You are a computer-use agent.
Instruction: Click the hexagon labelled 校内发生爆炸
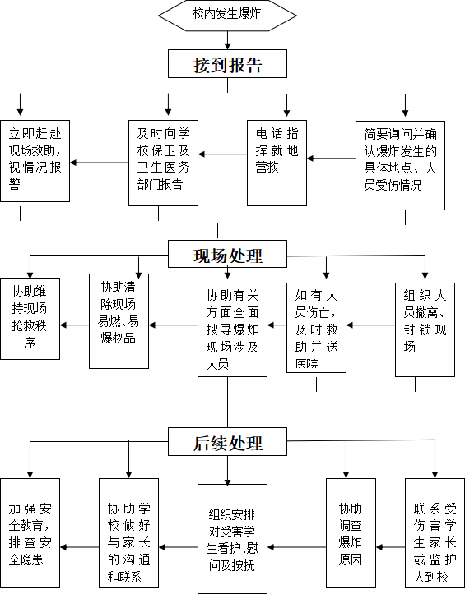[227, 15]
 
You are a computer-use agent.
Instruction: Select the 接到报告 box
[227, 63]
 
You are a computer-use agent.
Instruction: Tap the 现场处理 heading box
[227, 254]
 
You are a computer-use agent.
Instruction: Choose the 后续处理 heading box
[227, 441]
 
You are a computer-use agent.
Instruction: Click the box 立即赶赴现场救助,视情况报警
[35, 161]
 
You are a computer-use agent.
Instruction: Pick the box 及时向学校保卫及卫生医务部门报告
[163, 163]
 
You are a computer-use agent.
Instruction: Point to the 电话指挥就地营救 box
[277, 163]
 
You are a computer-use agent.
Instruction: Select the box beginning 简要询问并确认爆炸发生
[400, 165]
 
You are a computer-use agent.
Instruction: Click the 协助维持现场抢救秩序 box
[30, 319]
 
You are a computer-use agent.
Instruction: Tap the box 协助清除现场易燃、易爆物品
[119, 321]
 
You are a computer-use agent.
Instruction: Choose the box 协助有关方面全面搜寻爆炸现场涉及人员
[232, 329]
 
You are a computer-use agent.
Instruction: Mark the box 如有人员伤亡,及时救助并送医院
[316, 328]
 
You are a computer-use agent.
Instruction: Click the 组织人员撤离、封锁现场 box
[425, 329]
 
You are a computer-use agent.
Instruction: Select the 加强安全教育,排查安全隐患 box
[30, 533]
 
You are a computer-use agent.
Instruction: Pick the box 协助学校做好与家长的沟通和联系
[128, 533]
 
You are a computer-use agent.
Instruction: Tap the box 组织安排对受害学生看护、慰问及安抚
[232, 539]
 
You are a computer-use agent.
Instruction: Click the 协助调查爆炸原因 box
[351, 533]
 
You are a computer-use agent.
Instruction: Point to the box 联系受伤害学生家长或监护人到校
[435, 533]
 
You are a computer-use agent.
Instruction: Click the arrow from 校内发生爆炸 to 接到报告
[227, 40]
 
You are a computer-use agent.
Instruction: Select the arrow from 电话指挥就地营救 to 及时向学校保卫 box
[222, 154]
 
